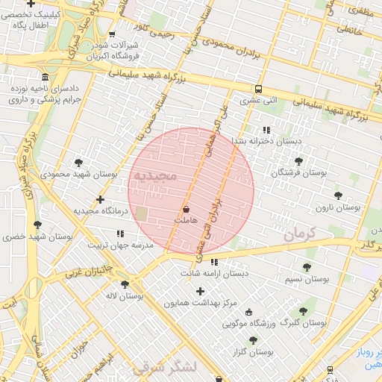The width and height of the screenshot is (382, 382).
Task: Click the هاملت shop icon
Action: (x=185, y=209)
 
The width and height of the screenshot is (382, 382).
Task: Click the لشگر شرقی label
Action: (x=163, y=367)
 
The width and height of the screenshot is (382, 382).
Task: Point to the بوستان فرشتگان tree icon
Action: (x=298, y=160)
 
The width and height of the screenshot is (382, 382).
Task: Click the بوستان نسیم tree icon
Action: (x=307, y=267)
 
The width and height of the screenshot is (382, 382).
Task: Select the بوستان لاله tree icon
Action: (x=125, y=284)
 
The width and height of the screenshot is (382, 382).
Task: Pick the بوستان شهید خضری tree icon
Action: (x=37, y=225)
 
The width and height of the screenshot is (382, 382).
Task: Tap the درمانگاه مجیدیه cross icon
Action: (x=101, y=199)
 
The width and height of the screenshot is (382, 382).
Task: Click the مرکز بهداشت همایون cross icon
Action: (x=199, y=290)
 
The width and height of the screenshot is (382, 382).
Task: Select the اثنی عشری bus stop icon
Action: (x=258, y=88)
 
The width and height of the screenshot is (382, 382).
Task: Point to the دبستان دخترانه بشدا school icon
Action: (x=266, y=129)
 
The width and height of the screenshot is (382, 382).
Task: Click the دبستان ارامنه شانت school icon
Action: (x=215, y=262)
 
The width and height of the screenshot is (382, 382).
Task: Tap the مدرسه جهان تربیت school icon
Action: (x=120, y=234)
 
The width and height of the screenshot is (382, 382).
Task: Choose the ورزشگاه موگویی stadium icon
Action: (x=248, y=313)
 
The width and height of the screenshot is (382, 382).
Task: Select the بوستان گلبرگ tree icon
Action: (x=302, y=312)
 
